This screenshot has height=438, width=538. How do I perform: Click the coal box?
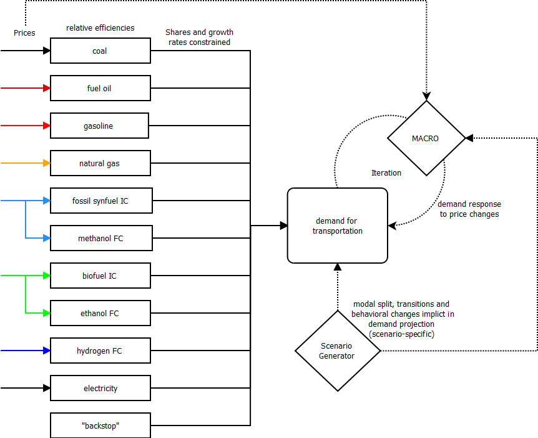point(100,51)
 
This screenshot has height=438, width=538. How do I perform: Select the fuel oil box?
point(100,88)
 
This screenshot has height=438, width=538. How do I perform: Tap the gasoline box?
point(99,126)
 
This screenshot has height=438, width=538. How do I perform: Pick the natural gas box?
point(100,163)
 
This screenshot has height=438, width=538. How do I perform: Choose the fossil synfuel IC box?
point(100,201)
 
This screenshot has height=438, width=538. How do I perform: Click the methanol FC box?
point(100,238)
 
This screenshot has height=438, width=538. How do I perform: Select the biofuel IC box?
point(100,276)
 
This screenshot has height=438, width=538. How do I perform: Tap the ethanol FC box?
point(100,313)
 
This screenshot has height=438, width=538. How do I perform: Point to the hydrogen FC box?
point(100,351)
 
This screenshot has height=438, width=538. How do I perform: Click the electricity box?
point(100,388)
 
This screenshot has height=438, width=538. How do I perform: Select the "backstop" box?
point(100,426)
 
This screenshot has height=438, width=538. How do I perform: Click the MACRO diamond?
point(426,138)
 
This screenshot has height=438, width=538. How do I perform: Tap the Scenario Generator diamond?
point(337,351)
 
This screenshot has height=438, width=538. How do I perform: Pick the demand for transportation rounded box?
point(337,226)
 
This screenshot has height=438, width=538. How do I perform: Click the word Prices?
point(24,32)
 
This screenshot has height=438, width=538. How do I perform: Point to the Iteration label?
point(386,172)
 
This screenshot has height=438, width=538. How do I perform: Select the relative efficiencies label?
point(100,28)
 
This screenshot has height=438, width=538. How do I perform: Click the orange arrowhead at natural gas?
point(47,163)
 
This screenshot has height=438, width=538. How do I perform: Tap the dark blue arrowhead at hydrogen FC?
point(47,351)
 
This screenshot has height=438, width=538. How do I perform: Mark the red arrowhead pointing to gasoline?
point(47,126)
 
